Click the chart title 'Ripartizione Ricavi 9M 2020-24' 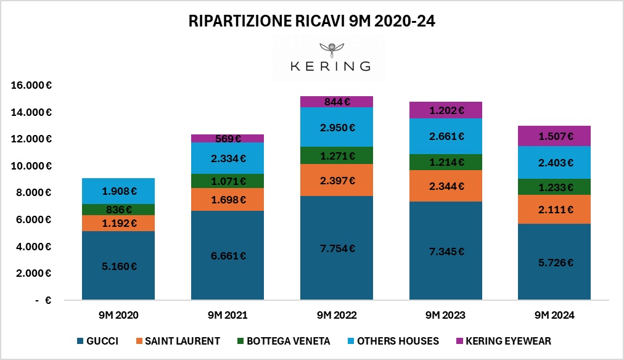(x=312, y=22)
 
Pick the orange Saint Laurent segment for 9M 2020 (x=118, y=223)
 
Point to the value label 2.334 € (x=228, y=158)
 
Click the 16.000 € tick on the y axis (x=31, y=85)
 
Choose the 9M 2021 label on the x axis (x=228, y=316)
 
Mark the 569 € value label (x=228, y=139)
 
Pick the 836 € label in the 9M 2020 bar (x=118, y=209)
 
